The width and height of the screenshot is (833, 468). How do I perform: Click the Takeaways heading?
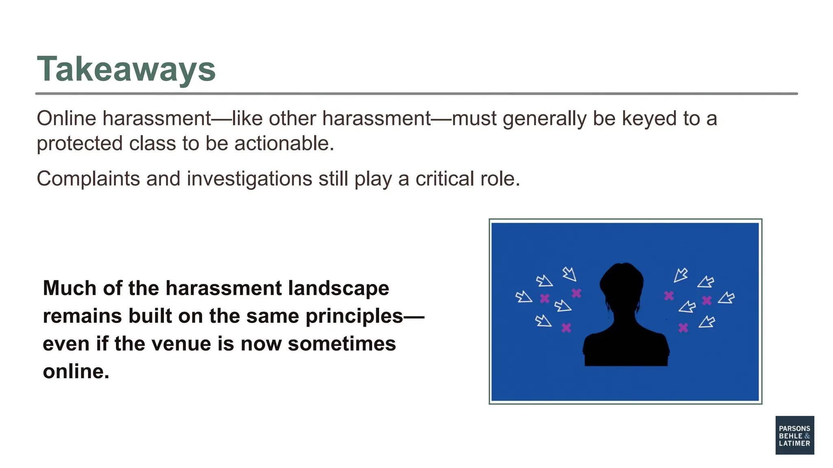pos(126,69)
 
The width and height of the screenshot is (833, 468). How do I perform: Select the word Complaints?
pos(88,179)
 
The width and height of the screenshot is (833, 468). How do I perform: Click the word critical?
pos(445,179)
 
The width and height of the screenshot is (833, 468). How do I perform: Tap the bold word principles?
pos(354,316)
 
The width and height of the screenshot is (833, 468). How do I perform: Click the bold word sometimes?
pos(342,344)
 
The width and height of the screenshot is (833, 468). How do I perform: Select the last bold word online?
pos(76,371)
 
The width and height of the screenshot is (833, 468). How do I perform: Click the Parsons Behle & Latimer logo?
pos(794,435)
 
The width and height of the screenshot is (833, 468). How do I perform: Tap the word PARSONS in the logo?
pos(794,428)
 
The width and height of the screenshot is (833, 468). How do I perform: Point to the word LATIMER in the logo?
pos(794,443)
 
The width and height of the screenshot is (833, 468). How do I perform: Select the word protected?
pos(80,143)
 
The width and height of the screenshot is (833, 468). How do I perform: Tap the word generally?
pos(545,119)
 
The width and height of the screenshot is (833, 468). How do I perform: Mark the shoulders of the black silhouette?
pos(626,345)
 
